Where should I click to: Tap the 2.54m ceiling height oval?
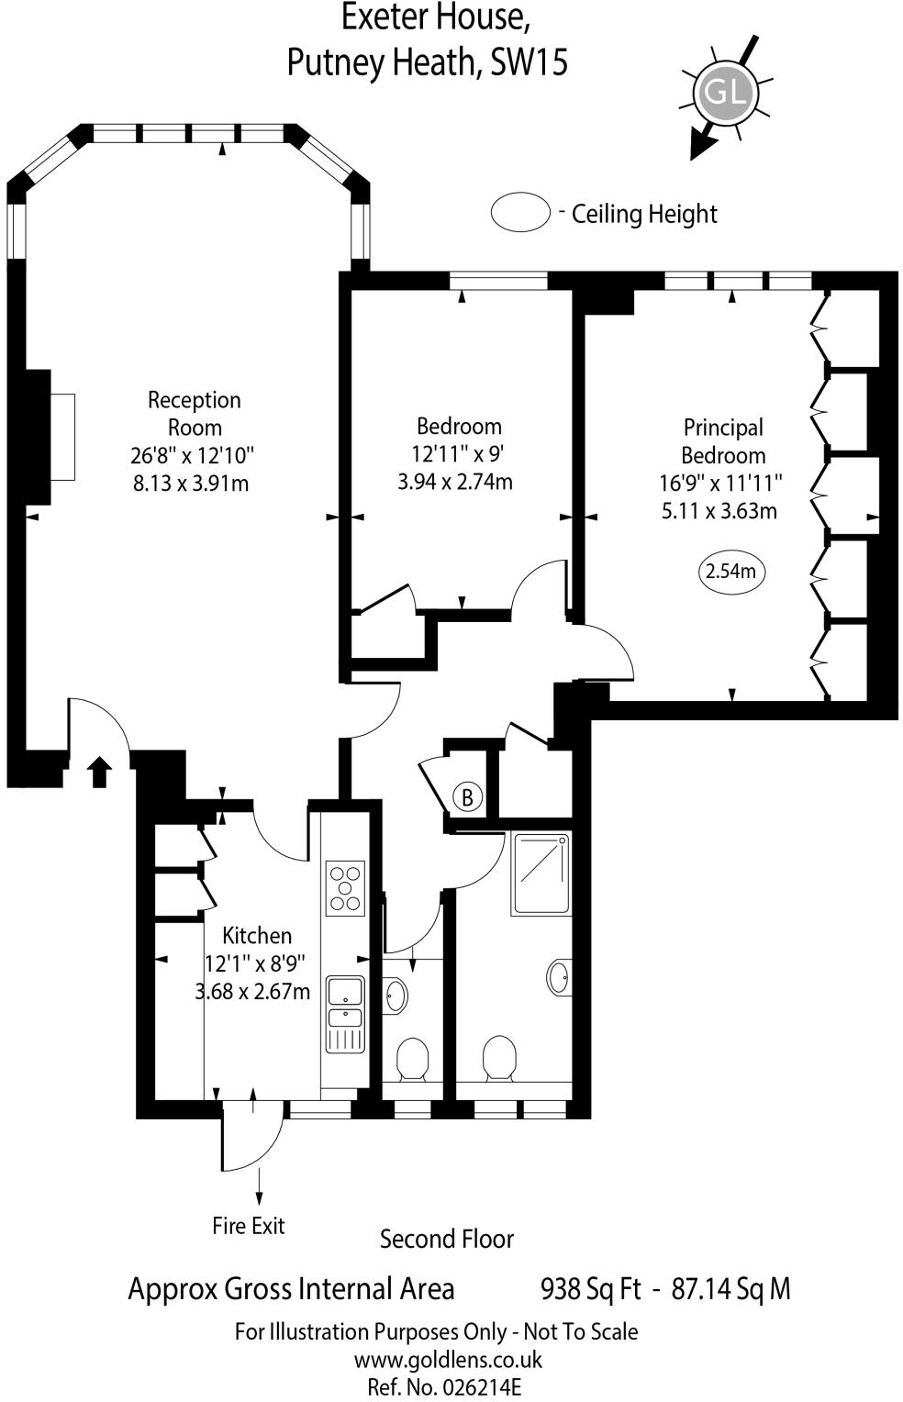point(730,572)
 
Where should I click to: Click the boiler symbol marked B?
point(467,796)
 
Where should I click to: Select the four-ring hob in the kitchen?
point(345,888)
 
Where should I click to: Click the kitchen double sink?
point(346,1002)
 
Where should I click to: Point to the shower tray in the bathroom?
point(540,873)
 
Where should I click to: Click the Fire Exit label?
point(248,1226)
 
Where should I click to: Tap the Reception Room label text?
point(195,413)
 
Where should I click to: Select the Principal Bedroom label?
point(723,441)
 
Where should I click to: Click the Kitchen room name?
point(257,936)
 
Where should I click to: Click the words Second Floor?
point(447,1240)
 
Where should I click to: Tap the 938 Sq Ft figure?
point(590,1289)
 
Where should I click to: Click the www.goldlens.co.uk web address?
point(448,1360)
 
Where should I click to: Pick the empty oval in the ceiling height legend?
point(520,212)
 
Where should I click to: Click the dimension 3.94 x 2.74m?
point(455,481)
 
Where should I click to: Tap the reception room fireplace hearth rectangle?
point(61,437)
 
